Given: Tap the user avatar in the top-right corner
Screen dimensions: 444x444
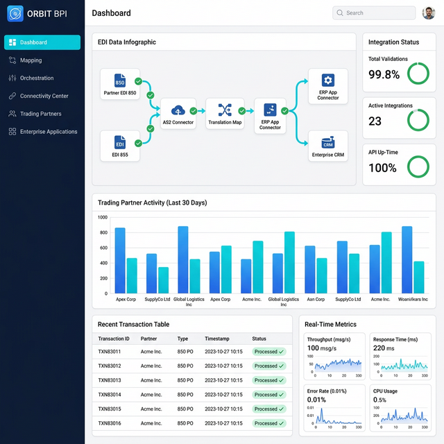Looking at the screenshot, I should (x=428, y=12).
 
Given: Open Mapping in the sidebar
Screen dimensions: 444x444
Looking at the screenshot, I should (x=31, y=60).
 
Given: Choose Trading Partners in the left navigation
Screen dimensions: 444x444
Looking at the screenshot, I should (x=40, y=114).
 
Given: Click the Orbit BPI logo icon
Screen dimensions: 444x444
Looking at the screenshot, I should (x=15, y=13).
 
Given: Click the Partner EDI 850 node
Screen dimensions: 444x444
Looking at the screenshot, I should (x=120, y=84).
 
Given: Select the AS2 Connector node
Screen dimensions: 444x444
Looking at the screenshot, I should (x=178, y=114).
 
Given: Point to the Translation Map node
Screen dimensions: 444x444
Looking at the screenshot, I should (x=225, y=114).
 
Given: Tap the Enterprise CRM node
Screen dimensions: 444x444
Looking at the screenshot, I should (x=328, y=146).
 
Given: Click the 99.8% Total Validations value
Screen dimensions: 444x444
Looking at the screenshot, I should (x=384, y=74).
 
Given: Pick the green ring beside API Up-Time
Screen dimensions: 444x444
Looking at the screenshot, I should (x=418, y=167).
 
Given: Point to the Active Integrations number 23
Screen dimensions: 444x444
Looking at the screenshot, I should (x=375, y=121).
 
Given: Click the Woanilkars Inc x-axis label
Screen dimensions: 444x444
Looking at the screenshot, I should (x=413, y=300).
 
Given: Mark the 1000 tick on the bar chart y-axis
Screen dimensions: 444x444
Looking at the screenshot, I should (x=103, y=217).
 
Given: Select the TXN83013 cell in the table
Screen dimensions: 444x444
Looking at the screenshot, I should (x=110, y=380).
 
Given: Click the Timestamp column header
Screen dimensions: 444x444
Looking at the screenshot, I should (x=218, y=339).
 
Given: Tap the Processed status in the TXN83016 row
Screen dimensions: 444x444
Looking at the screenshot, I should (x=268, y=423).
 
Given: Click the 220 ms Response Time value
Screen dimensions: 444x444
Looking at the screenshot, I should (x=384, y=348).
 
